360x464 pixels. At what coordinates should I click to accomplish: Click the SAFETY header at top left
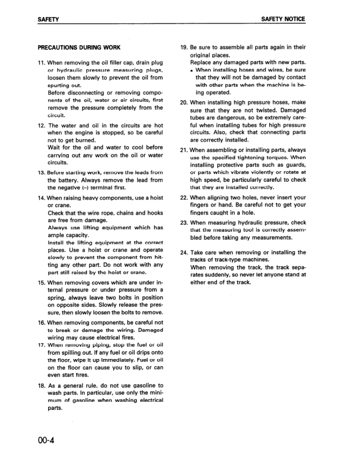pos(48,19)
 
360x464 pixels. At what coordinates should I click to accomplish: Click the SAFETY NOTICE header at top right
pos(283,19)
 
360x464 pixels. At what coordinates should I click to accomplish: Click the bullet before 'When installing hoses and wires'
pos(192,70)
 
